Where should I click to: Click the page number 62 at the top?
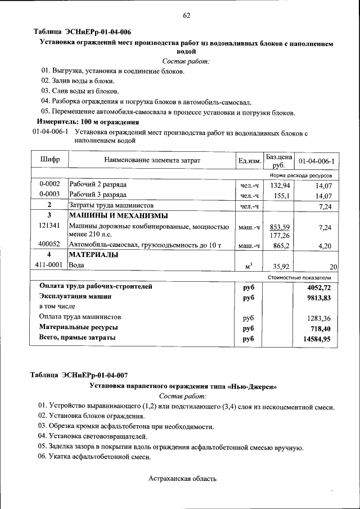pos(186,15)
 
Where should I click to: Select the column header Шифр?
pos(49,160)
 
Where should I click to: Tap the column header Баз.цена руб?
pos(279,160)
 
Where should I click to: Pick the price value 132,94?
pos(280,185)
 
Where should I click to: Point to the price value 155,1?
pos(281,196)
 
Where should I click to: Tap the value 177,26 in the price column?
pos(280,235)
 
